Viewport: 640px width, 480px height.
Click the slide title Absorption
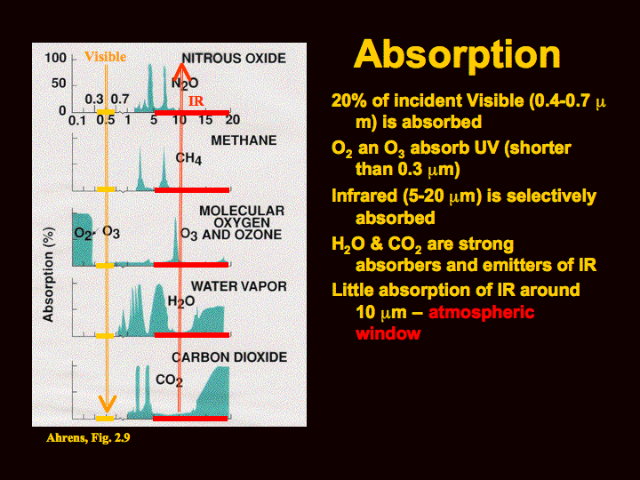457,55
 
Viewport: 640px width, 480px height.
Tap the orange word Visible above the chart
105,57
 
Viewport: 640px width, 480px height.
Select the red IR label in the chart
196,100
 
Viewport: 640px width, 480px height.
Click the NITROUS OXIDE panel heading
234,59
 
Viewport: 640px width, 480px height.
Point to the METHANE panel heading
244,140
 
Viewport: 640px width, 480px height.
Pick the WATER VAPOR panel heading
239,286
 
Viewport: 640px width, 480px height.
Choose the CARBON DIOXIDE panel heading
229,357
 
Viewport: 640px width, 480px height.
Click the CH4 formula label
188,158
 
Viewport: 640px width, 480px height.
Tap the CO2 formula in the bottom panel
169,380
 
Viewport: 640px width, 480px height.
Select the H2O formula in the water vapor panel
181,302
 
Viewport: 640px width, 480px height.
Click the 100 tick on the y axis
55,58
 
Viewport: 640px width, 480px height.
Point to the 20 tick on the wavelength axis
233,120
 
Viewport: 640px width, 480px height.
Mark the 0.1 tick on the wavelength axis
77,120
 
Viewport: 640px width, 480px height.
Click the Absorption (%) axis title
49,275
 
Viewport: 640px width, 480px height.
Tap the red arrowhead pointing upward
181,72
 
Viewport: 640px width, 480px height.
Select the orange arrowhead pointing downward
107,404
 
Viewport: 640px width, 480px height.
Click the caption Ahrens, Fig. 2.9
88,438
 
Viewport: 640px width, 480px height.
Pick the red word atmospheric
482,313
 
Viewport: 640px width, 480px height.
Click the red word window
388,333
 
